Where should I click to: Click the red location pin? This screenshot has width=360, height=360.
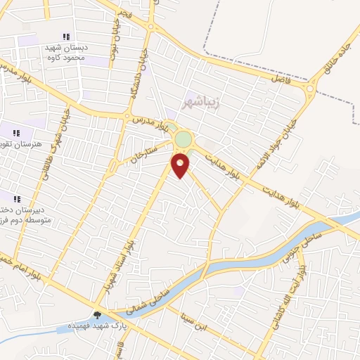point(181,165)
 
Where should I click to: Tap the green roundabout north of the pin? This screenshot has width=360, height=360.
point(183,139)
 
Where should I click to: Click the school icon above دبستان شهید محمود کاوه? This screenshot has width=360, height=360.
point(65,37)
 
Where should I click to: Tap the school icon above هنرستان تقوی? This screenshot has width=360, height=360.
point(16,132)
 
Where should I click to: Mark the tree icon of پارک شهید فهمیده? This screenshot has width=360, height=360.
point(96,315)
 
